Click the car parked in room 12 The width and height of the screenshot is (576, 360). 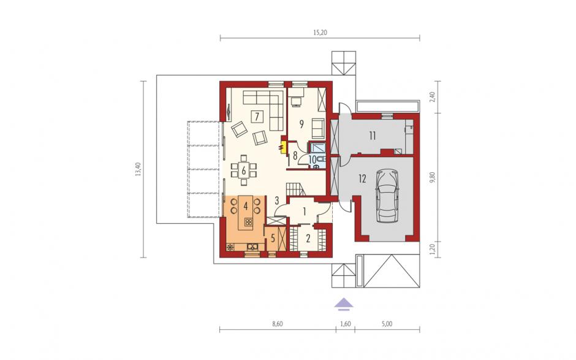pos(387,196)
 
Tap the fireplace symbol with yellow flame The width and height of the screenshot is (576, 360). pos(282,147)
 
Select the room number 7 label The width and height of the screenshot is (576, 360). pos(257,117)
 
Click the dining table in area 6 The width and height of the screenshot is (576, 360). pos(243,169)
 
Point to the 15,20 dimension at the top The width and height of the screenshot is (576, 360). pos(320,33)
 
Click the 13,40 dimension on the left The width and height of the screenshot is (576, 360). pos(138,169)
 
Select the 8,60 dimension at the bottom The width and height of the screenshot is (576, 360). pos(278,324)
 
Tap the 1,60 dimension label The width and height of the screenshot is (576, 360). pos(346,324)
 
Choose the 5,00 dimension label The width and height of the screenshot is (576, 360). pos(387,324)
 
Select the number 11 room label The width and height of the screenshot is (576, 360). pos(373,136)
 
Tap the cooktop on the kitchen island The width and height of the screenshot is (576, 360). pos(249,221)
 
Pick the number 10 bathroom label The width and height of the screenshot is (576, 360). pos(313,159)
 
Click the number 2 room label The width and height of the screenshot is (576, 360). pos(308,239)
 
